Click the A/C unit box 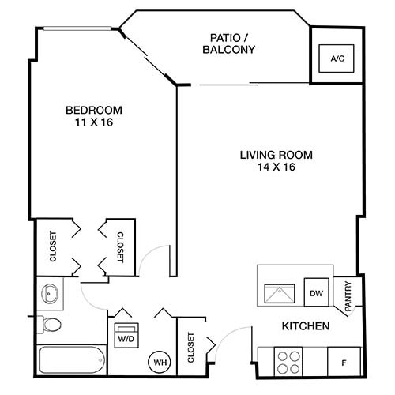point(337,58)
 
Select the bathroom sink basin point(50,294)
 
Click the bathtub point(70,361)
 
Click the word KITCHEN point(306,326)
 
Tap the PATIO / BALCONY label point(232,43)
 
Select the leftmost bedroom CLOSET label point(53,247)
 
